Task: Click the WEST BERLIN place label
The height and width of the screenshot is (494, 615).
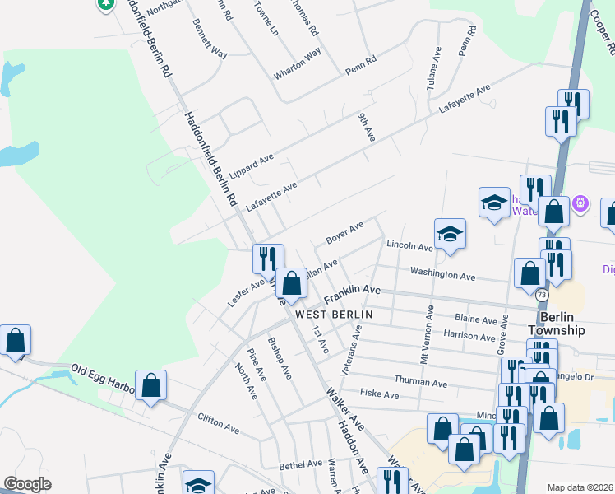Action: [x=334, y=315]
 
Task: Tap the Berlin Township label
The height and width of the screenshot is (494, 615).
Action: [x=557, y=324]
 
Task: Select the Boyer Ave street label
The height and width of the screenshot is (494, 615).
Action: [x=344, y=232]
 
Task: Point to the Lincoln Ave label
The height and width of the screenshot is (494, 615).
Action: [x=409, y=246]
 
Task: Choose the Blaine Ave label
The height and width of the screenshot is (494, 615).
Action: [x=476, y=318]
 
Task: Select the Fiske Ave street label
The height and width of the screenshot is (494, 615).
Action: [x=380, y=395]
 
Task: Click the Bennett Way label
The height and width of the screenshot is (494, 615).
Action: [x=209, y=39]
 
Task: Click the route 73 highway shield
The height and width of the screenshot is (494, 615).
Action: [x=541, y=295]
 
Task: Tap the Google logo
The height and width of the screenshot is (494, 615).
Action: [x=28, y=484]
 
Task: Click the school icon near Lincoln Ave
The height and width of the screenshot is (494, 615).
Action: [x=451, y=234]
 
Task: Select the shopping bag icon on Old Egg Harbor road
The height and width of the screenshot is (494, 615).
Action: [x=151, y=385]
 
